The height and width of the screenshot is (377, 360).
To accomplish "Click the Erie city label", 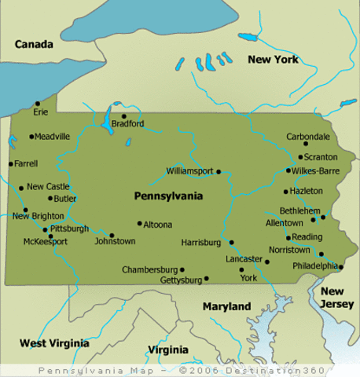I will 40,112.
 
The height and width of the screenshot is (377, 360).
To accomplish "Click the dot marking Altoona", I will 139,223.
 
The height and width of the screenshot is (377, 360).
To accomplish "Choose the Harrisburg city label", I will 203,243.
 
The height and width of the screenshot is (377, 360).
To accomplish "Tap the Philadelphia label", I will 314,265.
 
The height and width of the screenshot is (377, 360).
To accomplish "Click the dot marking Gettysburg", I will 206,278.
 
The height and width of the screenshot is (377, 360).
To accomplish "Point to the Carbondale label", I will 308,136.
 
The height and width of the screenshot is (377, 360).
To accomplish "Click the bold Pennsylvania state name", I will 169,196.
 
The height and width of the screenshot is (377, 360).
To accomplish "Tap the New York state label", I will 274,60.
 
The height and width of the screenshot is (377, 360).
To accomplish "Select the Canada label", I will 34,45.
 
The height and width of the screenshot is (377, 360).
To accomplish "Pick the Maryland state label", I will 226,306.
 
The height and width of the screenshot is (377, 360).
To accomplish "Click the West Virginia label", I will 53,343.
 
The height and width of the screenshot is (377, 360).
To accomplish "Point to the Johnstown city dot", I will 112,235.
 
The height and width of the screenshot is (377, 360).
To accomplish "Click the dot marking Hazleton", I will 285,191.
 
